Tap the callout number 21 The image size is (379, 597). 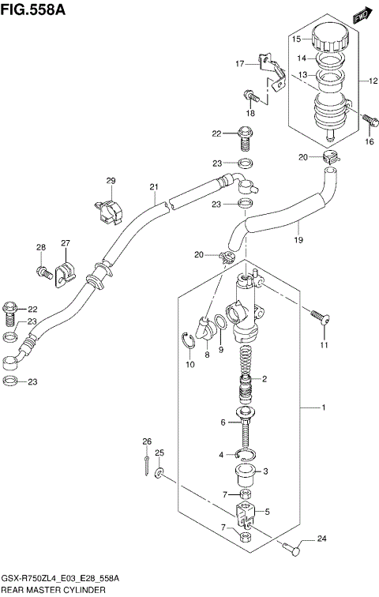click(x=154, y=187)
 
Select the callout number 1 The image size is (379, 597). click(x=322, y=407)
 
